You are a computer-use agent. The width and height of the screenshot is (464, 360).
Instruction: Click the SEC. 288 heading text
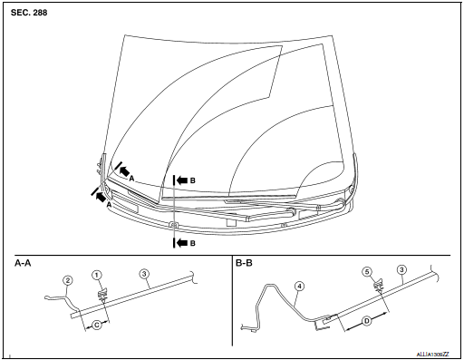tap(29, 13)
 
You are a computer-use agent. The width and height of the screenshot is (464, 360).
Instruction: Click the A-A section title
tap(23, 263)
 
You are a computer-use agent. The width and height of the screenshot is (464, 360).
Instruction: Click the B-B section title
tap(244, 263)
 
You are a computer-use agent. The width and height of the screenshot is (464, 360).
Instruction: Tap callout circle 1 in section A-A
tap(97, 275)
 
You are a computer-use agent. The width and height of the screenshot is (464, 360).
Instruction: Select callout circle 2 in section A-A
tap(68, 280)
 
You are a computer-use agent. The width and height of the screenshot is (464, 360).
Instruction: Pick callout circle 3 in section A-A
tap(144, 274)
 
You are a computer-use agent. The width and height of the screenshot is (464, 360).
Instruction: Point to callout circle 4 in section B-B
tap(299, 287)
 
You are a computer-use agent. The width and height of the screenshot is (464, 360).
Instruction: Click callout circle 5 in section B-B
tap(367, 272)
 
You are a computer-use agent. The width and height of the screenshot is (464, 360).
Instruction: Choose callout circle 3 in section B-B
tap(401, 269)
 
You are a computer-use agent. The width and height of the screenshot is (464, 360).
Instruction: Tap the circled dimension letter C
tap(97, 326)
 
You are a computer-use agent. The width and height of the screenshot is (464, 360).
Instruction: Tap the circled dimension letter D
tap(367, 321)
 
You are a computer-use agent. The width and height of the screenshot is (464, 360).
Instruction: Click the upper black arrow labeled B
tap(182, 180)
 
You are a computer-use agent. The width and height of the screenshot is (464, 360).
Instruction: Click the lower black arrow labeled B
tap(182, 243)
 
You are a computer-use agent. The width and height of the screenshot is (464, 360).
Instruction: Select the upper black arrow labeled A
tap(124, 170)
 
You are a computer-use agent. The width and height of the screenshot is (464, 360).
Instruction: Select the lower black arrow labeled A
tap(101, 197)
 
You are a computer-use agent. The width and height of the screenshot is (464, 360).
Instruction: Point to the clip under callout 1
tap(102, 295)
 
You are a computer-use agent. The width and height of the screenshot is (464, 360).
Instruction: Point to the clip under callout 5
tap(379, 285)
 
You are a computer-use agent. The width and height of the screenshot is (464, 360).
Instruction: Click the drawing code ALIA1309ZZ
tap(433, 355)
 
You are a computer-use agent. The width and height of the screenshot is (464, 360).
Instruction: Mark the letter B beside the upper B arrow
tap(193, 180)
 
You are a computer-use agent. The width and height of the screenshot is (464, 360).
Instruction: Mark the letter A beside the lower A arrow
tap(109, 205)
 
